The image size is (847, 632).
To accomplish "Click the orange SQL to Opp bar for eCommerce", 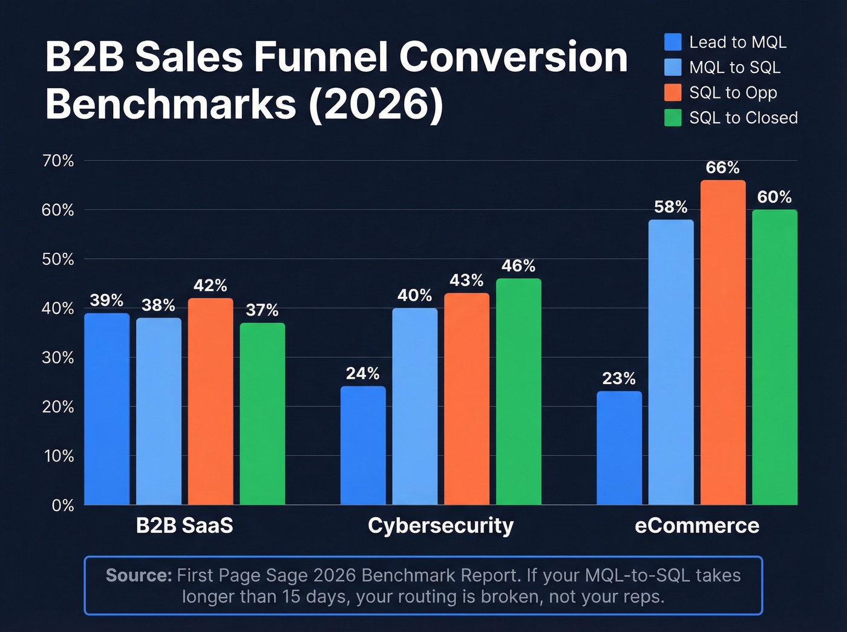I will click(723, 342).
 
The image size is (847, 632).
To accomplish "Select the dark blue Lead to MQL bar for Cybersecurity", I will click(363, 445).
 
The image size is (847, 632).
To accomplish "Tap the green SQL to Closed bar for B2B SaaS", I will click(262, 414).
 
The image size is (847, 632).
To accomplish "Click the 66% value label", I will click(723, 168).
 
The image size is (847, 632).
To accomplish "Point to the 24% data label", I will click(363, 373).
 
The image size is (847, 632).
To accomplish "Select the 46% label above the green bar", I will click(518, 266).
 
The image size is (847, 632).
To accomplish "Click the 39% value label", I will click(106, 300).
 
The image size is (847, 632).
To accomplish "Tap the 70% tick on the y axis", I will click(58, 161).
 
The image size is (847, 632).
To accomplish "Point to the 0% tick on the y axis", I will click(63, 505).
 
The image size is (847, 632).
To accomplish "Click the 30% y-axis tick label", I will click(58, 357).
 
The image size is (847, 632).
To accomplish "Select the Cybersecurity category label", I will click(440, 526).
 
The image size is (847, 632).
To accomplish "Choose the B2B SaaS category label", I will click(185, 526).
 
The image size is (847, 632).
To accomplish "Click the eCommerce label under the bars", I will click(697, 526).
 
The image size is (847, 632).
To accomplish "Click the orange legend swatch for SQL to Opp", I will click(673, 93).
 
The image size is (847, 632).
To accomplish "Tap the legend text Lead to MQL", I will click(737, 42).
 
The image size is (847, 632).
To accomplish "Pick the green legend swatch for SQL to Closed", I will click(673, 118).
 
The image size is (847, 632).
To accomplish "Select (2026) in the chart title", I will click(376, 104).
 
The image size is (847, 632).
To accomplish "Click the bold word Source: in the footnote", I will click(139, 575).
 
